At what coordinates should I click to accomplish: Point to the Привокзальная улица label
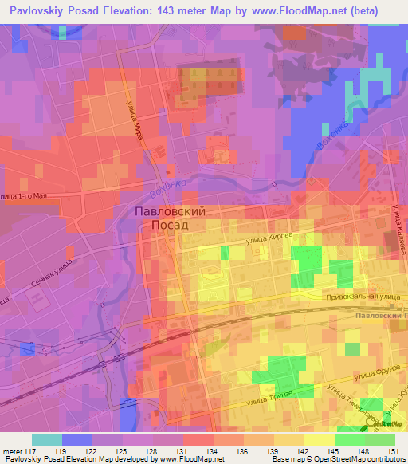[x=361, y=296]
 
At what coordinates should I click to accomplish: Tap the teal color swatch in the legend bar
[x=47, y=439]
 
